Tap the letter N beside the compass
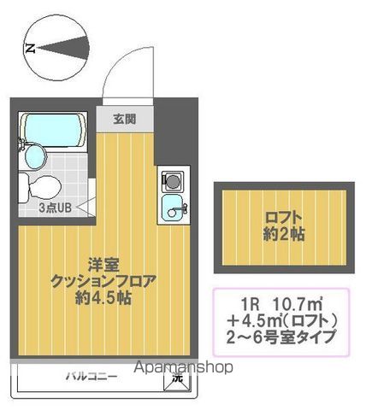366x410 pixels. (x=29, y=48)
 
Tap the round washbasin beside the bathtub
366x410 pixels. (x=33, y=155)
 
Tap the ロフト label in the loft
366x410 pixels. (x=282, y=216)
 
